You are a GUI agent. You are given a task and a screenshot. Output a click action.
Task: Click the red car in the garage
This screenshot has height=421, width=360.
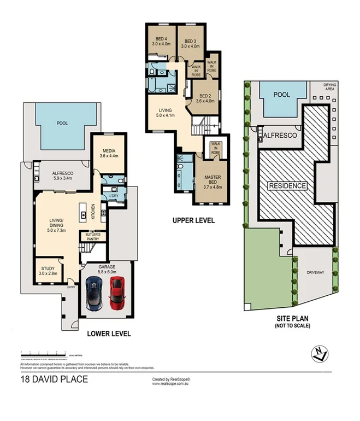116,293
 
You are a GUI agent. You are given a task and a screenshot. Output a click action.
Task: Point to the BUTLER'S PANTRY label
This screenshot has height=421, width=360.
92,237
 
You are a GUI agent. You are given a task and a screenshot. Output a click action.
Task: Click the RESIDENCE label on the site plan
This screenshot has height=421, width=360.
287,186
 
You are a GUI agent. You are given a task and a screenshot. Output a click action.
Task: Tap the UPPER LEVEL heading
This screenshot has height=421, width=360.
193,221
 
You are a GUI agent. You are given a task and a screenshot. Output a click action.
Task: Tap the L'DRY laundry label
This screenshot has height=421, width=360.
114,196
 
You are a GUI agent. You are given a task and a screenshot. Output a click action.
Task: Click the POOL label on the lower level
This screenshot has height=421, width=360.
62,123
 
